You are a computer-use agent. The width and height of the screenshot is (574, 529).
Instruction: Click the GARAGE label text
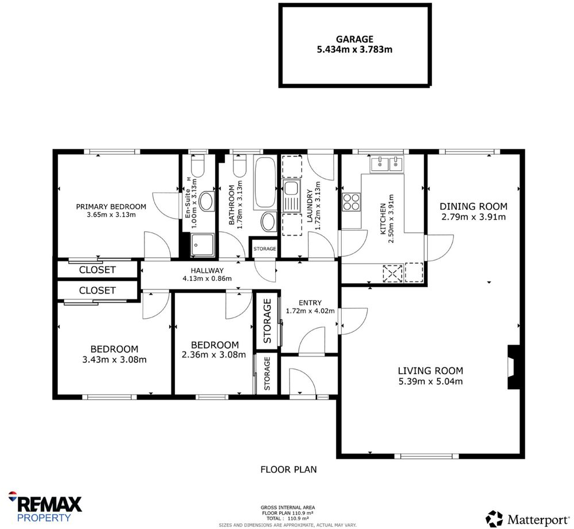pos(354,39)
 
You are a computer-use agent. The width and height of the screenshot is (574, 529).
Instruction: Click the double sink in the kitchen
pos(388,164)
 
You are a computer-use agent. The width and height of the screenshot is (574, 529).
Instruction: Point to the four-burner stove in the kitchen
pos(351,202)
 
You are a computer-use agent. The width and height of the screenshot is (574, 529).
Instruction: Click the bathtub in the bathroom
pos(265,182)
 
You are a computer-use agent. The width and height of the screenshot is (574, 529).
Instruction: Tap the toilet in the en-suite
pos(197,166)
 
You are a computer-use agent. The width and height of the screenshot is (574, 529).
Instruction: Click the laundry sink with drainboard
pos(291,195)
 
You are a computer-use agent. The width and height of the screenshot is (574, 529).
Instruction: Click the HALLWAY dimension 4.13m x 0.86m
pos(207,279)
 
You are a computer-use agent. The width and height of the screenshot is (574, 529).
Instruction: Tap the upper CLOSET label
pos(97,269)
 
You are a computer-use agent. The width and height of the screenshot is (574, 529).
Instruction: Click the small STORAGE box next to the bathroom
pos(265,249)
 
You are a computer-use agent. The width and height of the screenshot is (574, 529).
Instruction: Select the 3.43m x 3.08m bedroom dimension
pos(114,360)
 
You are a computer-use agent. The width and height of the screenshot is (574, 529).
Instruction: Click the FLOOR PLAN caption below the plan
pos(288,469)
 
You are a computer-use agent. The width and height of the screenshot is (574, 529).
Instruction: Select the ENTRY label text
pos(310,303)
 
